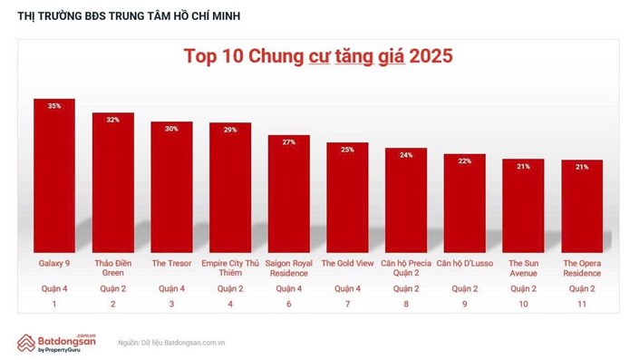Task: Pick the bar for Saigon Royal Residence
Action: (x=288, y=194)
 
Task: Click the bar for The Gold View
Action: (x=347, y=199)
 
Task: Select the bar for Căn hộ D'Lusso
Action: (x=464, y=204)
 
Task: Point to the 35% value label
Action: (x=54, y=106)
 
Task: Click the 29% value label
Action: (x=230, y=131)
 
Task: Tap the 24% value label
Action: (x=406, y=154)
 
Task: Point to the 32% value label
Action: (x=112, y=120)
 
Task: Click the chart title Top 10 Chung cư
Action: (x=317, y=57)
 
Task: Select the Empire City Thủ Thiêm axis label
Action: (x=230, y=268)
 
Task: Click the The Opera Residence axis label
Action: (x=581, y=268)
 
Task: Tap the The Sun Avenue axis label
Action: (x=523, y=268)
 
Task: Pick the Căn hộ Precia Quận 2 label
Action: (x=406, y=268)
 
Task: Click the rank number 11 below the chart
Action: (x=581, y=305)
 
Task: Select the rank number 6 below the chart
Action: (x=288, y=305)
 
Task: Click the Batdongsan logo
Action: (x=57, y=342)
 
